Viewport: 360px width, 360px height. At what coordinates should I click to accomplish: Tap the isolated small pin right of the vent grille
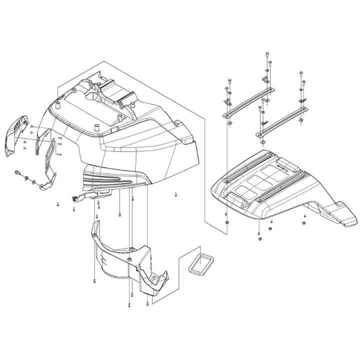coord(176,194)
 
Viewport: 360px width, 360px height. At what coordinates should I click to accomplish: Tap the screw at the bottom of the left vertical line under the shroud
coord(94,280)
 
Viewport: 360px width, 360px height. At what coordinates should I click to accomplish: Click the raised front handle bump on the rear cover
coord(244,203)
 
